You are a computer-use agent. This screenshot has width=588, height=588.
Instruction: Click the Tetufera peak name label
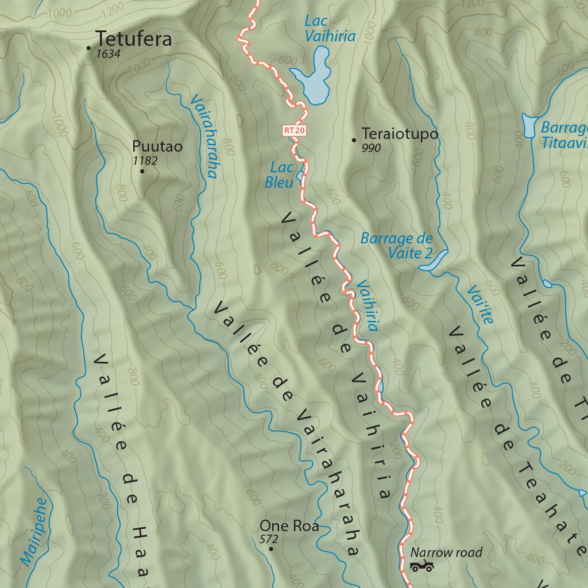pyautogui.click(x=133, y=39)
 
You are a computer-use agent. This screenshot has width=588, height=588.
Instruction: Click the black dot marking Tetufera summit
pyautogui.click(x=88, y=48)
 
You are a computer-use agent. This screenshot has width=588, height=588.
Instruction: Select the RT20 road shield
pyautogui.click(x=294, y=130)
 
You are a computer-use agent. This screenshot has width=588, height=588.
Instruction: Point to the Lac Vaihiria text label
pyautogui.click(x=329, y=29)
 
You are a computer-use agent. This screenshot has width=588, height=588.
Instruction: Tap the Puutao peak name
pyautogui.click(x=157, y=146)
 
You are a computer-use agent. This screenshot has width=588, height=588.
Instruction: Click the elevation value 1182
pyautogui.click(x=145, y=161)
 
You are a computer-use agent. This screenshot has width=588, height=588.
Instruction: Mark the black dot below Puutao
pyautogui.click(x=142, y=171)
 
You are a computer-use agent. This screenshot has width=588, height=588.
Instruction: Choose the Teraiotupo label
pyautogui.click(x=400, y=134)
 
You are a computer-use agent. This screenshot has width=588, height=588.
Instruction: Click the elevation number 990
pyautogui.click(x=371, y=148)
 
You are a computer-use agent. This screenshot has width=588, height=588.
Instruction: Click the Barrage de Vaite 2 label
pyautogui.click(x=396, y=245)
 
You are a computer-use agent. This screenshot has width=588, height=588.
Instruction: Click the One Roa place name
pyautogui.click(x=289, y=525)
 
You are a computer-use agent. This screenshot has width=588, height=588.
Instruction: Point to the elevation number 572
pyautogui.click(x=268, y=540)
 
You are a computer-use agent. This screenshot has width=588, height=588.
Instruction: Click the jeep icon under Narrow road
pyautogui.click(x=421, y=567)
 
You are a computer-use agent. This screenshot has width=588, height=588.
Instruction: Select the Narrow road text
pyautogui.click(x=446, y=552)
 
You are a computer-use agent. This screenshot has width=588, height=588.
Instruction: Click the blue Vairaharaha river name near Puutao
pyautogui.click(x=203, y=136)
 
